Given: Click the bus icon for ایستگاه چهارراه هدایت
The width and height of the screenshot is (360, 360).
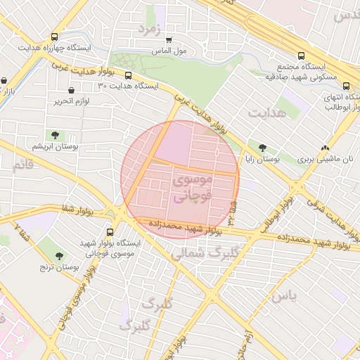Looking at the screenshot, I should (55, 37).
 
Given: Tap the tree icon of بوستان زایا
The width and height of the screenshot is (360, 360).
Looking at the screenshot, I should (262, 148).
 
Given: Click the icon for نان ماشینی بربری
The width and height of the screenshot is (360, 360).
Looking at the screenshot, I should (324, 148).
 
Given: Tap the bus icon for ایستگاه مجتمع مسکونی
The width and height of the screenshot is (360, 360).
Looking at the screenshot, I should (302, 55).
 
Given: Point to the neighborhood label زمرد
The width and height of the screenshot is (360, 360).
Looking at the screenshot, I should (150, 29).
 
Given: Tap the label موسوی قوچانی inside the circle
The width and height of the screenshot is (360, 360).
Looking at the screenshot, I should (190, 189).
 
